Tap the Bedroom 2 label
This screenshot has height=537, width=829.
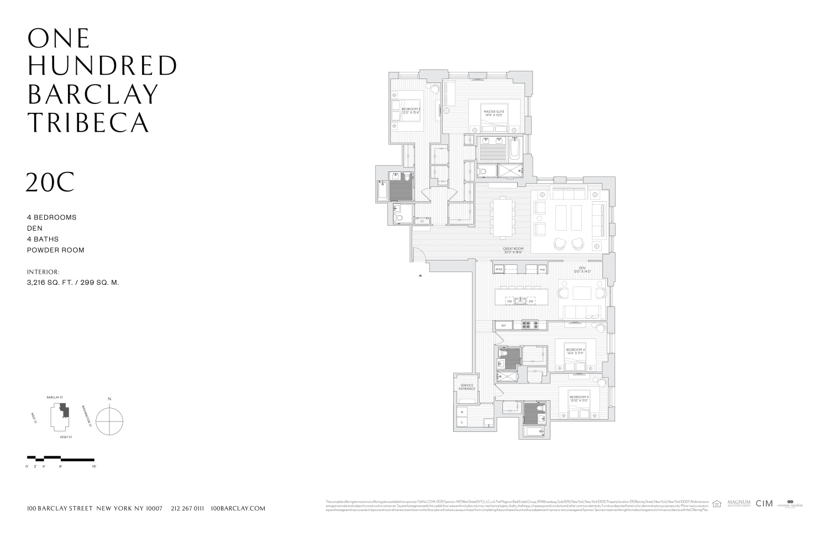click(x=411, y=111)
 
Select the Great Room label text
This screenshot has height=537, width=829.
click(x=512, y=250)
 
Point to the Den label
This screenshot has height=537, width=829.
click(x=582, y=269)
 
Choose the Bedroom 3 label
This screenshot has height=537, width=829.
click(x=579, y=398)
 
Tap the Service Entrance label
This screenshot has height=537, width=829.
click(x=466, y=387)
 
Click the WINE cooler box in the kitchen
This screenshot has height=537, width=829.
click(x=499, y=269)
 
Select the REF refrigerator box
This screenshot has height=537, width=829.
click(x=503, y=326)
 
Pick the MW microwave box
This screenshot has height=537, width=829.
click(x=542, y=269)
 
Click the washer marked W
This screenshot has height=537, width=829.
click(x=461, y=412)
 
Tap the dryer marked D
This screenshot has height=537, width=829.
click(x=461, y=423)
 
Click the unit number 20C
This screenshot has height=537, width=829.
click(x=50, y=183)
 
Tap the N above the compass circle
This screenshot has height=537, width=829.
click(x=109, y=399)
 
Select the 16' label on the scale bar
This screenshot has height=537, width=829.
click(x=93, y=467)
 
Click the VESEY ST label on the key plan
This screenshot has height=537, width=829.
click(x=66, y=437)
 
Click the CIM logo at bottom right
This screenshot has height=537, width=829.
click(x=764, y=503)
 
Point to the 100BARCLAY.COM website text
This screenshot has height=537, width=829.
click(x=238, y=508)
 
